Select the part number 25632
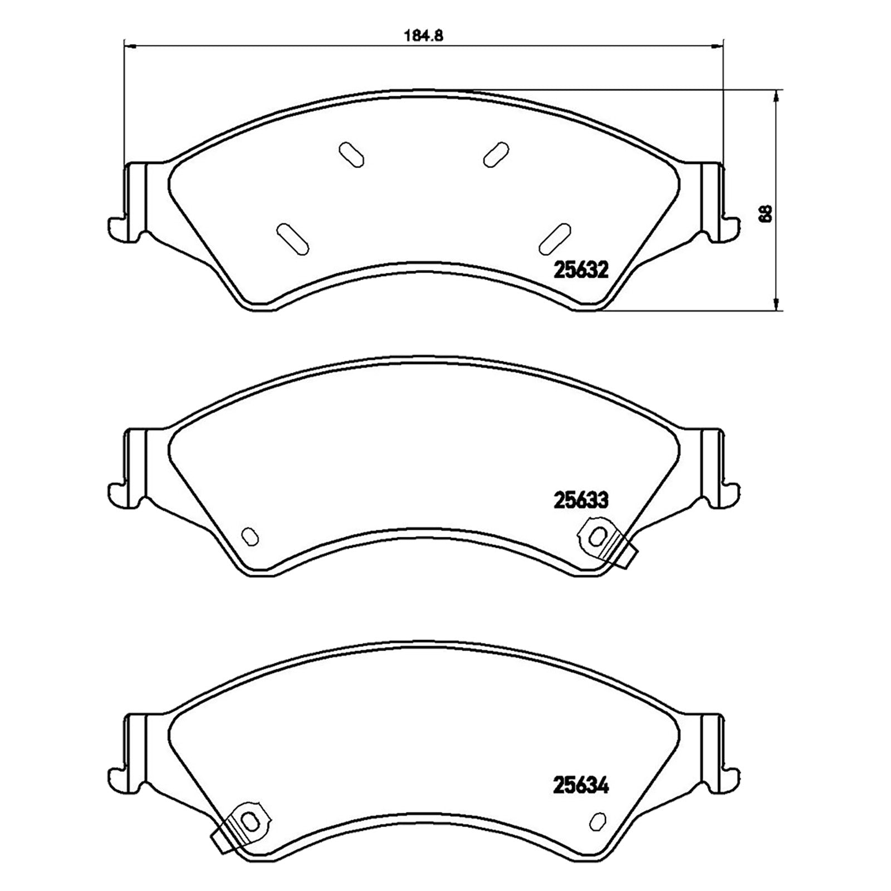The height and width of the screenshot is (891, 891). (x=580, y=271)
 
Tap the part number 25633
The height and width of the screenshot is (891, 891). (x=580, y=500)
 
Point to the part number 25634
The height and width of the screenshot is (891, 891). (x=580, y=786)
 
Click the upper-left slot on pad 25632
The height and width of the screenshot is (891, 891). (x=352, y=154)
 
